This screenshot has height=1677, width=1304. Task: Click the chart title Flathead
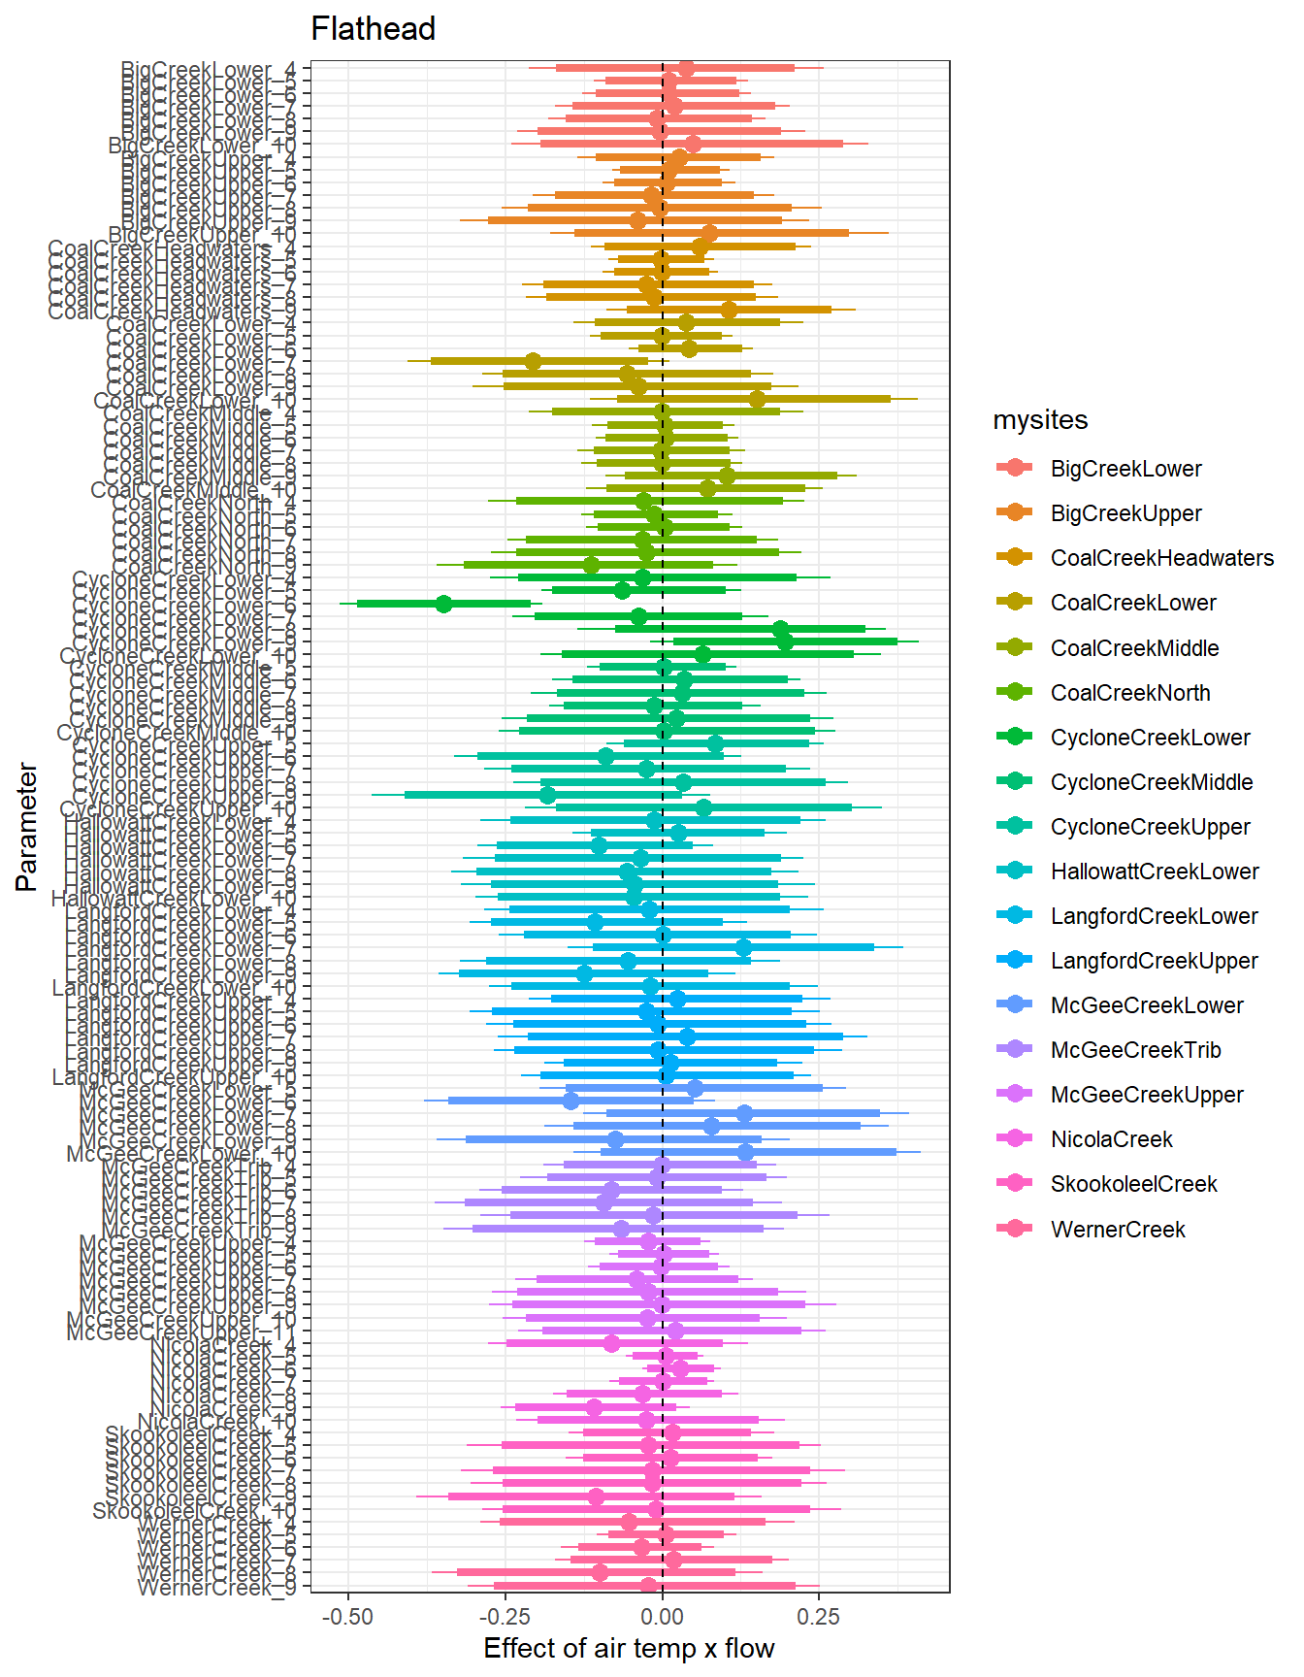(x=373, y=29)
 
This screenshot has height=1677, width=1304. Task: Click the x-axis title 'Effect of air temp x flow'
(x=629, y=1648)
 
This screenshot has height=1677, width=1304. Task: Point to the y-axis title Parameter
(x=27, y=827)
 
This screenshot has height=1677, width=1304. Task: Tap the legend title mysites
(x=1040, y=420)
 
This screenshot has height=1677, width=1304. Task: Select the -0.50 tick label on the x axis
(x=347, y=1617)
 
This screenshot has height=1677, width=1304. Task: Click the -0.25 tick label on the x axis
(x=505, y=1617)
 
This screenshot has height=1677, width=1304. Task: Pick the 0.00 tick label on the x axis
(x=663, y=1617)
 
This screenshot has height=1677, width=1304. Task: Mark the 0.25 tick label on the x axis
(x=819, y=1617)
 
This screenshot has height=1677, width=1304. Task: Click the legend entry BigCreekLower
(x=1125, y=469)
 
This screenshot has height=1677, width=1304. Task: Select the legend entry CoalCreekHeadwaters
(x=1161, y=558)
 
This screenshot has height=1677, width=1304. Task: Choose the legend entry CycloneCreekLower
(x=1150, y=738)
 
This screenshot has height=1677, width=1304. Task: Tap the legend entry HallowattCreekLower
(x=1154, y=871)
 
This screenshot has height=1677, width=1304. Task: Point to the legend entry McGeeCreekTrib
(x=1135, y=1050)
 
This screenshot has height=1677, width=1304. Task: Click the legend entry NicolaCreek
(x=1111, y=1139)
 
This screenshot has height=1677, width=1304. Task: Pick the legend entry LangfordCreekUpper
(x=1154, y=961)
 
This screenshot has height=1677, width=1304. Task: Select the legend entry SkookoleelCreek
(x=1133, y=1184)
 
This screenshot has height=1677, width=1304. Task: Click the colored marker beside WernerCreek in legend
(x=1015, y=1229)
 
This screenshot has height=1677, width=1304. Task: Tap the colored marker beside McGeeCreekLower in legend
(x=1015, y=1005)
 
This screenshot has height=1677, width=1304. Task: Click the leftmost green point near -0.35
(x=443, y=604)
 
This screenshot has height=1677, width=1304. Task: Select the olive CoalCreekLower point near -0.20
(x=533, y=361)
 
